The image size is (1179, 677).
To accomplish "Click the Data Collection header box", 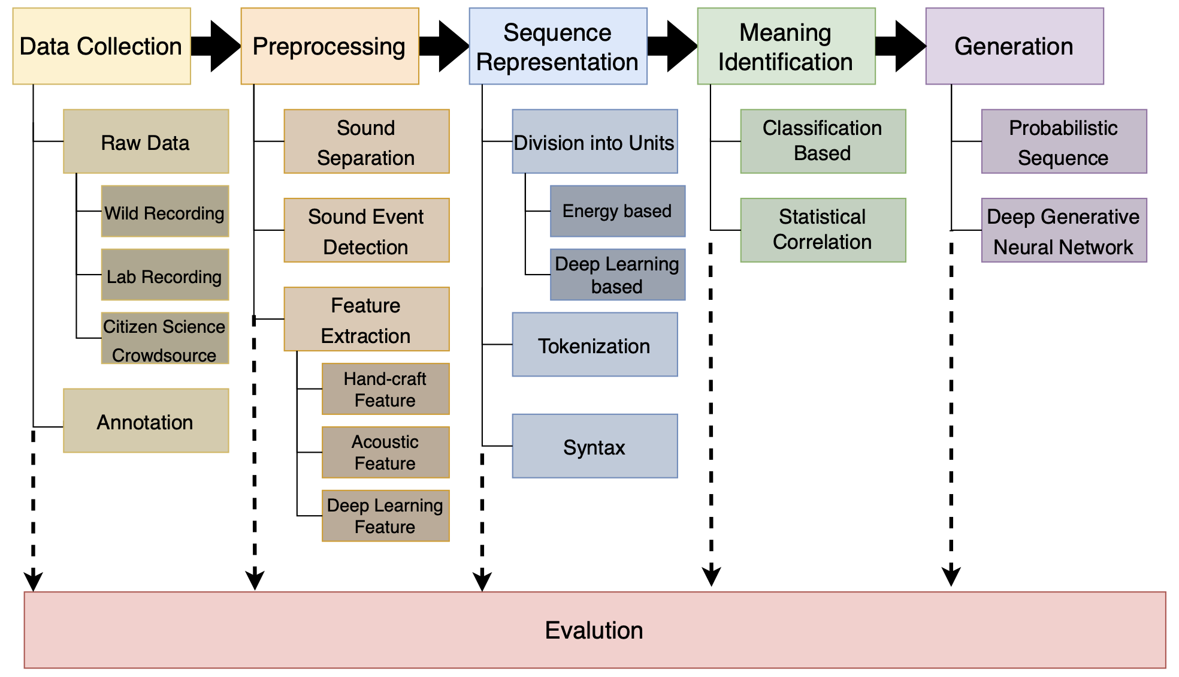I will pyautogui.click(x=102, y=46).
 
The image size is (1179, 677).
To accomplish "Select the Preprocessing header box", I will pyautogui.click(x=329, y=46).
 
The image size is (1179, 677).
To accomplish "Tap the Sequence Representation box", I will pyautogui.click(x=558, y=46).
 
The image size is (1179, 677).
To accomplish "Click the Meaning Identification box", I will pyautogui.click(x=786, y=46).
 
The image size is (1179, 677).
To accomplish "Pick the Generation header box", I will pyautogui.click(x=1014, y=46).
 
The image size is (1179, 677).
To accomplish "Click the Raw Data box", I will pyautogui.click(x=146, y=142).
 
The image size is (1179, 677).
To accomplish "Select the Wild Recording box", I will pyautogui.click(x=165, y=212).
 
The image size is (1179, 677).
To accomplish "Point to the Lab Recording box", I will pyautogui.click(x=165, y=275).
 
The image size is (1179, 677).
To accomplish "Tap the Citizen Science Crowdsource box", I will pyautogui.click(x=165, y=339).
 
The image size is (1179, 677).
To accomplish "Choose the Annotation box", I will pyautogui.click(x=146, y=421).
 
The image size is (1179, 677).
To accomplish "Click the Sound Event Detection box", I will pyautogui.click(x=366, y=230).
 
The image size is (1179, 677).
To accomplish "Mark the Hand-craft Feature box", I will pyautogui.click(x=385, y=389).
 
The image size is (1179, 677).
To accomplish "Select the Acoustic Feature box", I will pyautogui.click(x=385, y=453).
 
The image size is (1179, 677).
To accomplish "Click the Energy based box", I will pyautogui.click(x=617, y=211).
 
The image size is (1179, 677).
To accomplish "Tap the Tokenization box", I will pyautogui.click(x=594, y=345).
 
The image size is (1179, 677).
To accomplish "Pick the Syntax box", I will pyautogui.click(x=594, y=446).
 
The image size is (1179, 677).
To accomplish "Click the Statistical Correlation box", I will pyautogui.click(x=823, y=230).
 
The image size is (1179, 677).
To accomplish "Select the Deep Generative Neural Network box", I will pyautogui.click(x=1063, y=230).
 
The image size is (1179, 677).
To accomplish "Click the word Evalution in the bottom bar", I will pyautogui.click(x=594, y=630).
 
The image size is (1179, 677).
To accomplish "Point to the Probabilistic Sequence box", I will pyautogui.click(x=1063, y=142).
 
